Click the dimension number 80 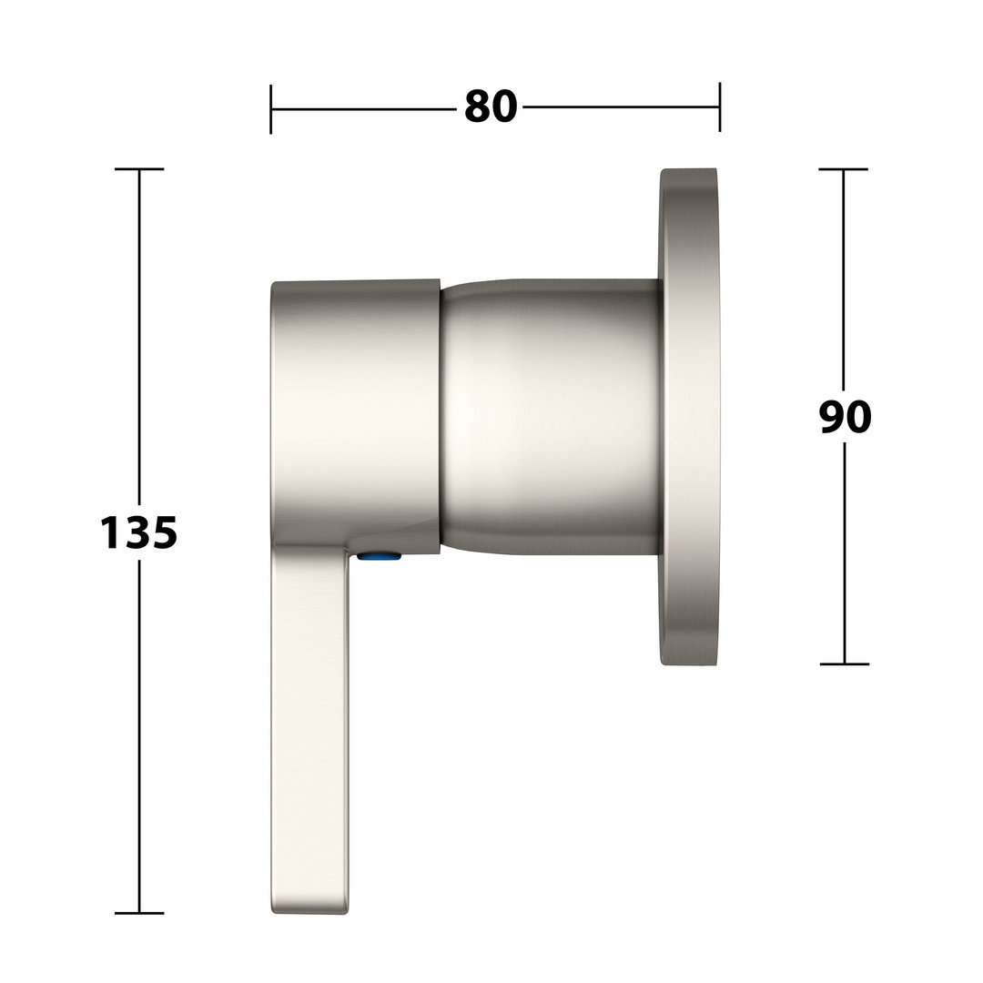(491, 106)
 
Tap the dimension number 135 (139, 532)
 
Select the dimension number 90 (845, 417)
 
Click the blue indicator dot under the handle (379, 555)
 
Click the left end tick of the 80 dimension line (271, 109)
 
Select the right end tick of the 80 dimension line (720, 107)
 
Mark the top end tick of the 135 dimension (139, 169)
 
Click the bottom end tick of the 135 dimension (139, 913)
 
